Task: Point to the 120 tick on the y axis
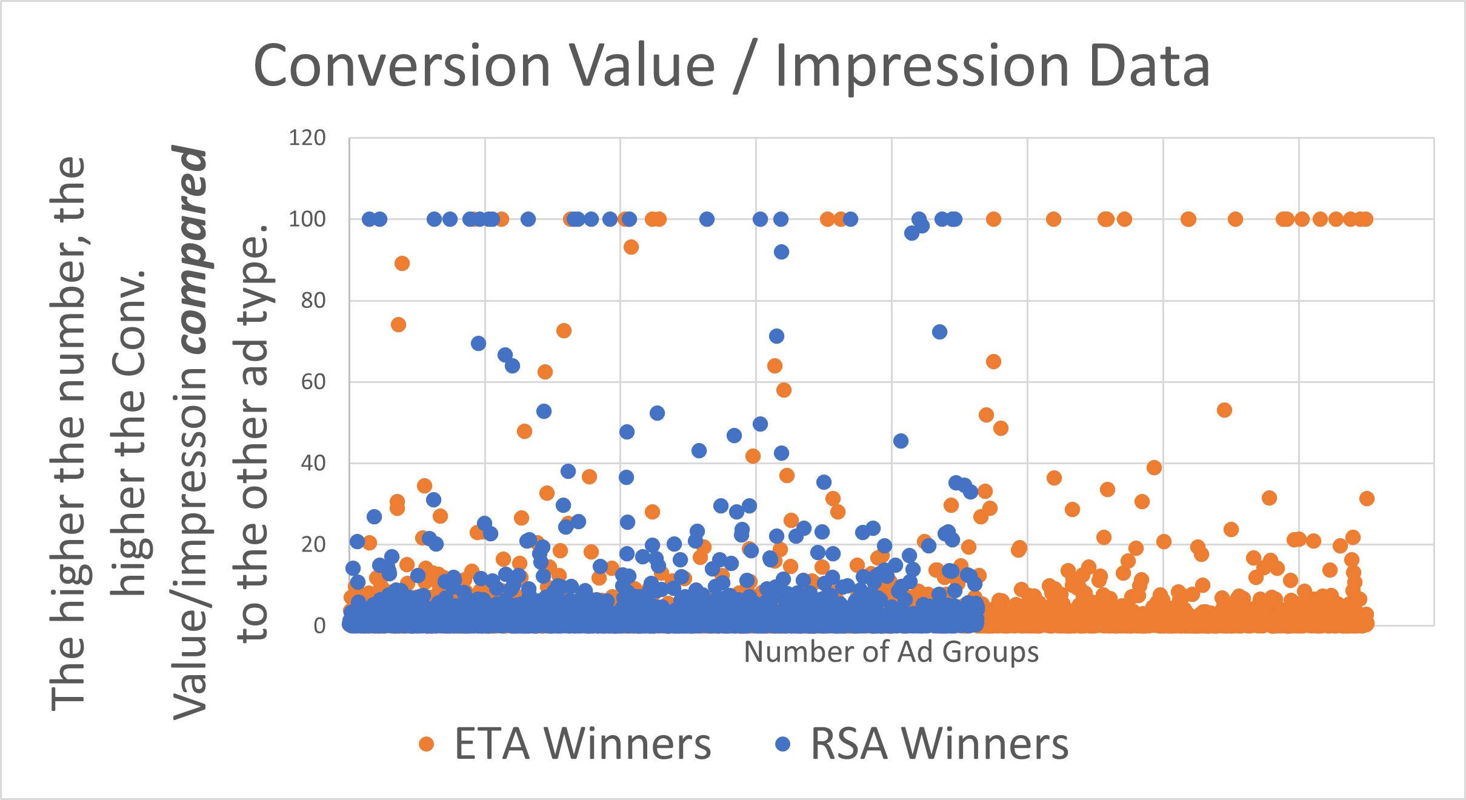307,138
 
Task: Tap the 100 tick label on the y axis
307,219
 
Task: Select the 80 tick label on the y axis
313,301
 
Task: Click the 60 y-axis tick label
313,382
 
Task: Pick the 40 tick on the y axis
313,464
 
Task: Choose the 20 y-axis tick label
313,545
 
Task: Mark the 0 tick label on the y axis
319,626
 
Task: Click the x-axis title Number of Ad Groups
891,652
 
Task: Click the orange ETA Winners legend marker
427,744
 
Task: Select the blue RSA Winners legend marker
783,744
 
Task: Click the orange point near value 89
402,264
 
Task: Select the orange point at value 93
631,247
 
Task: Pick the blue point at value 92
781,252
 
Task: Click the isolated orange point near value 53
1224,410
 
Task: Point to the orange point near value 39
1154,468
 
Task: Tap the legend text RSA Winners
939,744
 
